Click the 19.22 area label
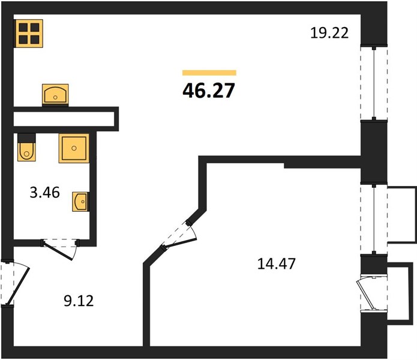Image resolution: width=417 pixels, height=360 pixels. [x=329, y=33]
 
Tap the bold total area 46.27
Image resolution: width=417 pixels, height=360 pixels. [x=209, y=91]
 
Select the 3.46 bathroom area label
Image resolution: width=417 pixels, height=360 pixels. [x=44, y=193]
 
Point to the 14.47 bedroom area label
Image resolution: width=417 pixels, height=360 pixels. [x=277, y=264]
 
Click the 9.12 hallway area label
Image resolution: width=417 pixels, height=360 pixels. [x=79, y=301]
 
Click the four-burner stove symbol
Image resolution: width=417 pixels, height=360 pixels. [x=29, y=34]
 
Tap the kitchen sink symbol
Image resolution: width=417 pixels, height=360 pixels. [x=55, y=94]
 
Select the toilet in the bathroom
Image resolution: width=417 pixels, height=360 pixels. [x=26, y=152]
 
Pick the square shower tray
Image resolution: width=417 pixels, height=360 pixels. [x=74, y=148]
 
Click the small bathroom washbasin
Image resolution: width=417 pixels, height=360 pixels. [x=80, y=202]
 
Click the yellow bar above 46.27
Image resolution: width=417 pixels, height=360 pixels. [x=209, y=73]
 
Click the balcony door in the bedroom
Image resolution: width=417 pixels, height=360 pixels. [x=373, y=293]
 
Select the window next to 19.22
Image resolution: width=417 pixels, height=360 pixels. [x=374, y=83]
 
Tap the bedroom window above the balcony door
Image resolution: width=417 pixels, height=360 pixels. [x=374, y=218]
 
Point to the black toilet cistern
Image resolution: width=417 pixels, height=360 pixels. [x=26, y=138]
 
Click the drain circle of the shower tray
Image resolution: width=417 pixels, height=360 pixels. [x=74, y=148]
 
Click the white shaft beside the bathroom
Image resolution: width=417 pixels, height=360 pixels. [x=64, y=119]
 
